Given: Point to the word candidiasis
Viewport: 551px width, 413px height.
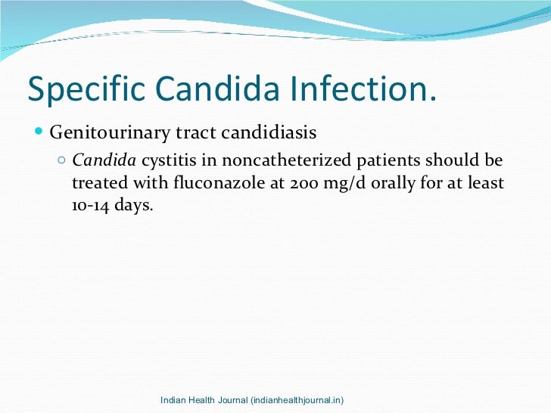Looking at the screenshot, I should (x=269, y=133).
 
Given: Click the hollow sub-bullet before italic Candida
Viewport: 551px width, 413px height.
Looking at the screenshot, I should (x=62, y=160).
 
